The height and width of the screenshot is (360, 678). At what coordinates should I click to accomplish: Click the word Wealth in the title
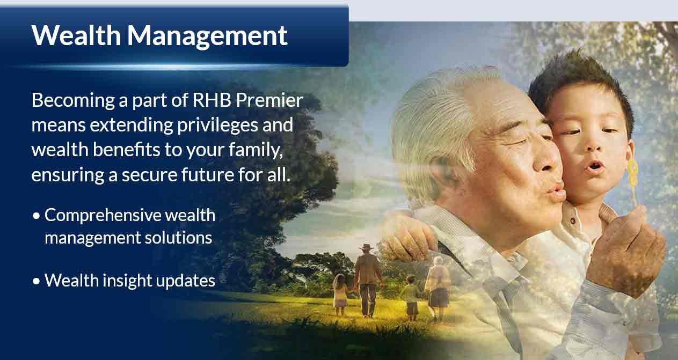point(76,35)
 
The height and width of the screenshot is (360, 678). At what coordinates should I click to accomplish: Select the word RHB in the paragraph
point(212,100)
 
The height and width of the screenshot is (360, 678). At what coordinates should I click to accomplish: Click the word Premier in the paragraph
point(269,100)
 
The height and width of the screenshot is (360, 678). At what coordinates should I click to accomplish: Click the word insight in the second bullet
point(127,281)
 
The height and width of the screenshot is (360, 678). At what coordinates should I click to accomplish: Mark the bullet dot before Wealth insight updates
point(37,281)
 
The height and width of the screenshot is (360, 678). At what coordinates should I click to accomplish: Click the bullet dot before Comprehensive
point(37,216)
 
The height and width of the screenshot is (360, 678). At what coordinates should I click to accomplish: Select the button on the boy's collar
point(573,221)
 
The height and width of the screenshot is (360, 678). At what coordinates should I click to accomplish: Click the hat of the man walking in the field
point(366,247)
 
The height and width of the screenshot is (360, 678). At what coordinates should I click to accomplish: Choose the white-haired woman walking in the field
point(438,288)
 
